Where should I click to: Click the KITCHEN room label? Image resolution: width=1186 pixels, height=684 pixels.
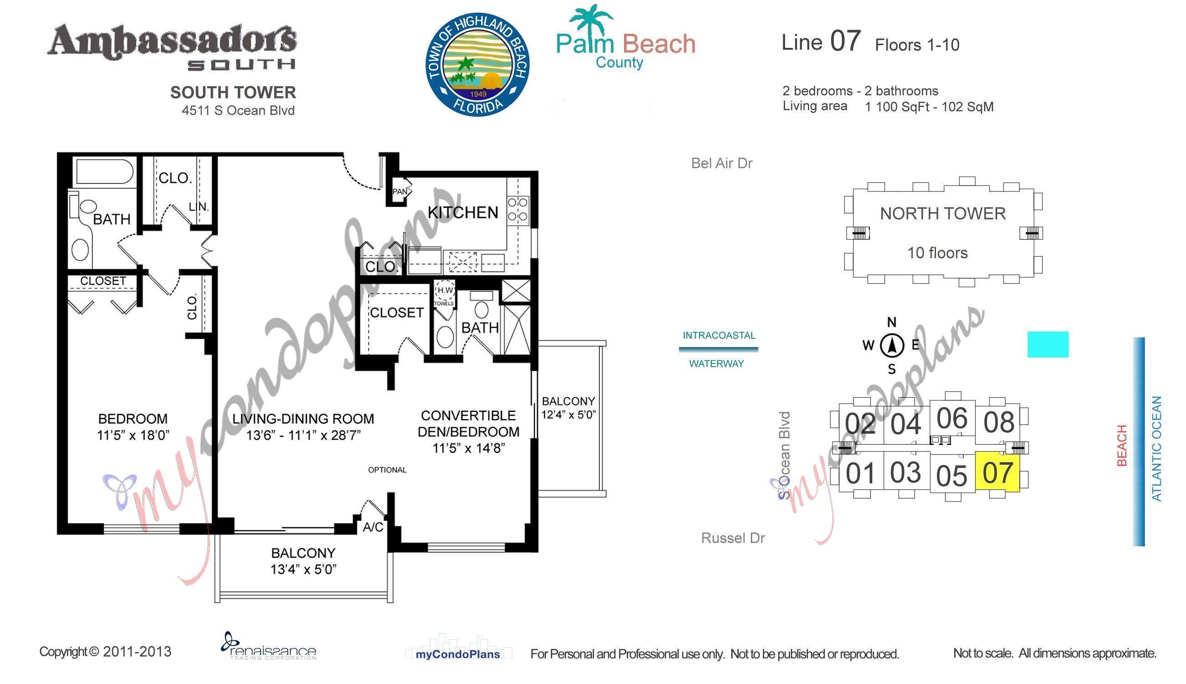[463, 213]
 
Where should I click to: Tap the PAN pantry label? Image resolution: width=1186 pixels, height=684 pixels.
[400, 192]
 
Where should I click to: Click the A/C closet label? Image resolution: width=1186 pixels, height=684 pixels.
[373, 528]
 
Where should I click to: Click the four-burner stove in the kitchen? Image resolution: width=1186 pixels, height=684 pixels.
[518, 209]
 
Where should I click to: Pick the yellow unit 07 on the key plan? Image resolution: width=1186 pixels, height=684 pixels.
[997, 472]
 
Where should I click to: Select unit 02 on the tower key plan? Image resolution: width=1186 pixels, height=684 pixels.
[860, 424]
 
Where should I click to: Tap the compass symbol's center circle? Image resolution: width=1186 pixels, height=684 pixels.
[891, 346]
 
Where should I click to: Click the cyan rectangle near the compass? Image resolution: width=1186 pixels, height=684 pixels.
[1048, 344]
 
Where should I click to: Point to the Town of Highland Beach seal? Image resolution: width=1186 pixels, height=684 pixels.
[478, 64]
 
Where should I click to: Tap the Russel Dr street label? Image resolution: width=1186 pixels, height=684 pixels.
[733, 538]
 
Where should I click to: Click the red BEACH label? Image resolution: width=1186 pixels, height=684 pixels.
[1122, 446]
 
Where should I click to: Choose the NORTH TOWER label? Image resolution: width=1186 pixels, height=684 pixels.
[942, 214]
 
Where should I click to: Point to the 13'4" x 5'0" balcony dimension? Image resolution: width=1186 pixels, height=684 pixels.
[303, 570]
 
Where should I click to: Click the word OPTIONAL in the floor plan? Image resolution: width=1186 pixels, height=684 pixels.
[387, 470]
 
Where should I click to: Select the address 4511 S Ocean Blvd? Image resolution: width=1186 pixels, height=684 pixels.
[238, 110]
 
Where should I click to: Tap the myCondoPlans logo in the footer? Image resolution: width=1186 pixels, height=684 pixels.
[458, 648]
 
